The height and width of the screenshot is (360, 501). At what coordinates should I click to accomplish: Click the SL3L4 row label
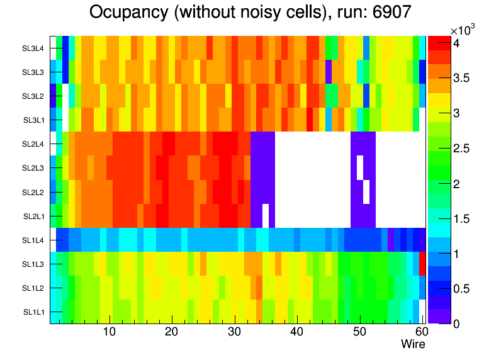coord(34,48)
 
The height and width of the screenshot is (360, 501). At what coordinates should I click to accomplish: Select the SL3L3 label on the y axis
coord(34,72)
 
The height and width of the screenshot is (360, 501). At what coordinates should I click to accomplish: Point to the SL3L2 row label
coord(34,96)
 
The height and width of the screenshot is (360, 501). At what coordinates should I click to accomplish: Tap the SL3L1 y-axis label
coord(34,120)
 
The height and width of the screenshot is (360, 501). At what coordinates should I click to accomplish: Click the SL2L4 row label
coord(34,144)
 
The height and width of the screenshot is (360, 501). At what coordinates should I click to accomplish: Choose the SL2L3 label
coord(34,168)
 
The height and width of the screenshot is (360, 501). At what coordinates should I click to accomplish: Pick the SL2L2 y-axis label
coord(34,192)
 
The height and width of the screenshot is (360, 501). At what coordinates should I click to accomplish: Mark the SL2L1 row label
coord(34,216)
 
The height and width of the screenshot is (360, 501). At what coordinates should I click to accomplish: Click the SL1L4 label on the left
coord(34,240)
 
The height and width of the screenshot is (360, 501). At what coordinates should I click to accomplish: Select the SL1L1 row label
coord(34,312)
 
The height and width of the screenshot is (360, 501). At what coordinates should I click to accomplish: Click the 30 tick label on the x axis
coord(234,332)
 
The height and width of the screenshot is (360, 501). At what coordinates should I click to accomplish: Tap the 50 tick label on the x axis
coord(359,332)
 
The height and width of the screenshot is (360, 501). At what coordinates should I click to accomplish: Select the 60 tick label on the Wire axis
coord(421,332)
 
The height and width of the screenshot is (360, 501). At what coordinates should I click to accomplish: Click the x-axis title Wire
coord(413,344)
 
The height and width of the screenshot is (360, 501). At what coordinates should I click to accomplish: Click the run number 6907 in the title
coord(390,13)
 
